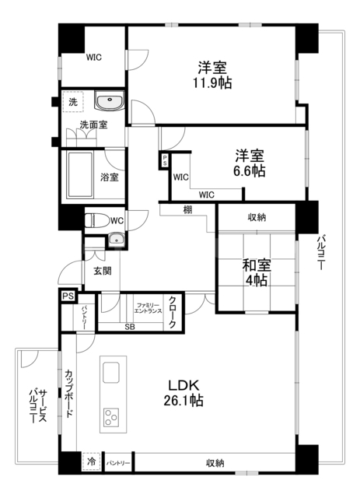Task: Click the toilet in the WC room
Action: click(93, 219)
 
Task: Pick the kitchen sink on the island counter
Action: click(110, 373)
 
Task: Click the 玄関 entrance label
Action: click(103, 271)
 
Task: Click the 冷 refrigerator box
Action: click(92, 461)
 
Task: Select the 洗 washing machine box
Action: click(72, 103)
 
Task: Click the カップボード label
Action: click(69, 394)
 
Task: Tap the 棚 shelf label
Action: click(188, 209)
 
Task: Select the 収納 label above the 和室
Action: click(257, 218)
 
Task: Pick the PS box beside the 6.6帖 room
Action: click(165, 162)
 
